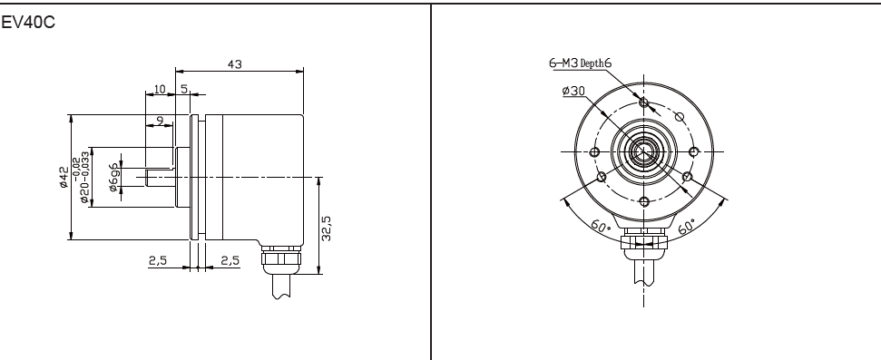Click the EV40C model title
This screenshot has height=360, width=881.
click(28, 23)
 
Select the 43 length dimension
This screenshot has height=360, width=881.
click(234, 64)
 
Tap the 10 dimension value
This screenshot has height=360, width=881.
click(160, 89)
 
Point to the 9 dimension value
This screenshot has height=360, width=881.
click(160, 121)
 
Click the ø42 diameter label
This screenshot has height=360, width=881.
click(64, 177)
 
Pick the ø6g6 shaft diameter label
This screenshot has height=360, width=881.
click(114, 178)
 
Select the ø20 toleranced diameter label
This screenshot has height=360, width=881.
click(81, 177)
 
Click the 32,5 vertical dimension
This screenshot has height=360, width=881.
click(327, 229)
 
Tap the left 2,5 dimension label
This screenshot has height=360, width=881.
click(158, 260)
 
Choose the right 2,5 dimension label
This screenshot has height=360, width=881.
click(230, 260)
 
